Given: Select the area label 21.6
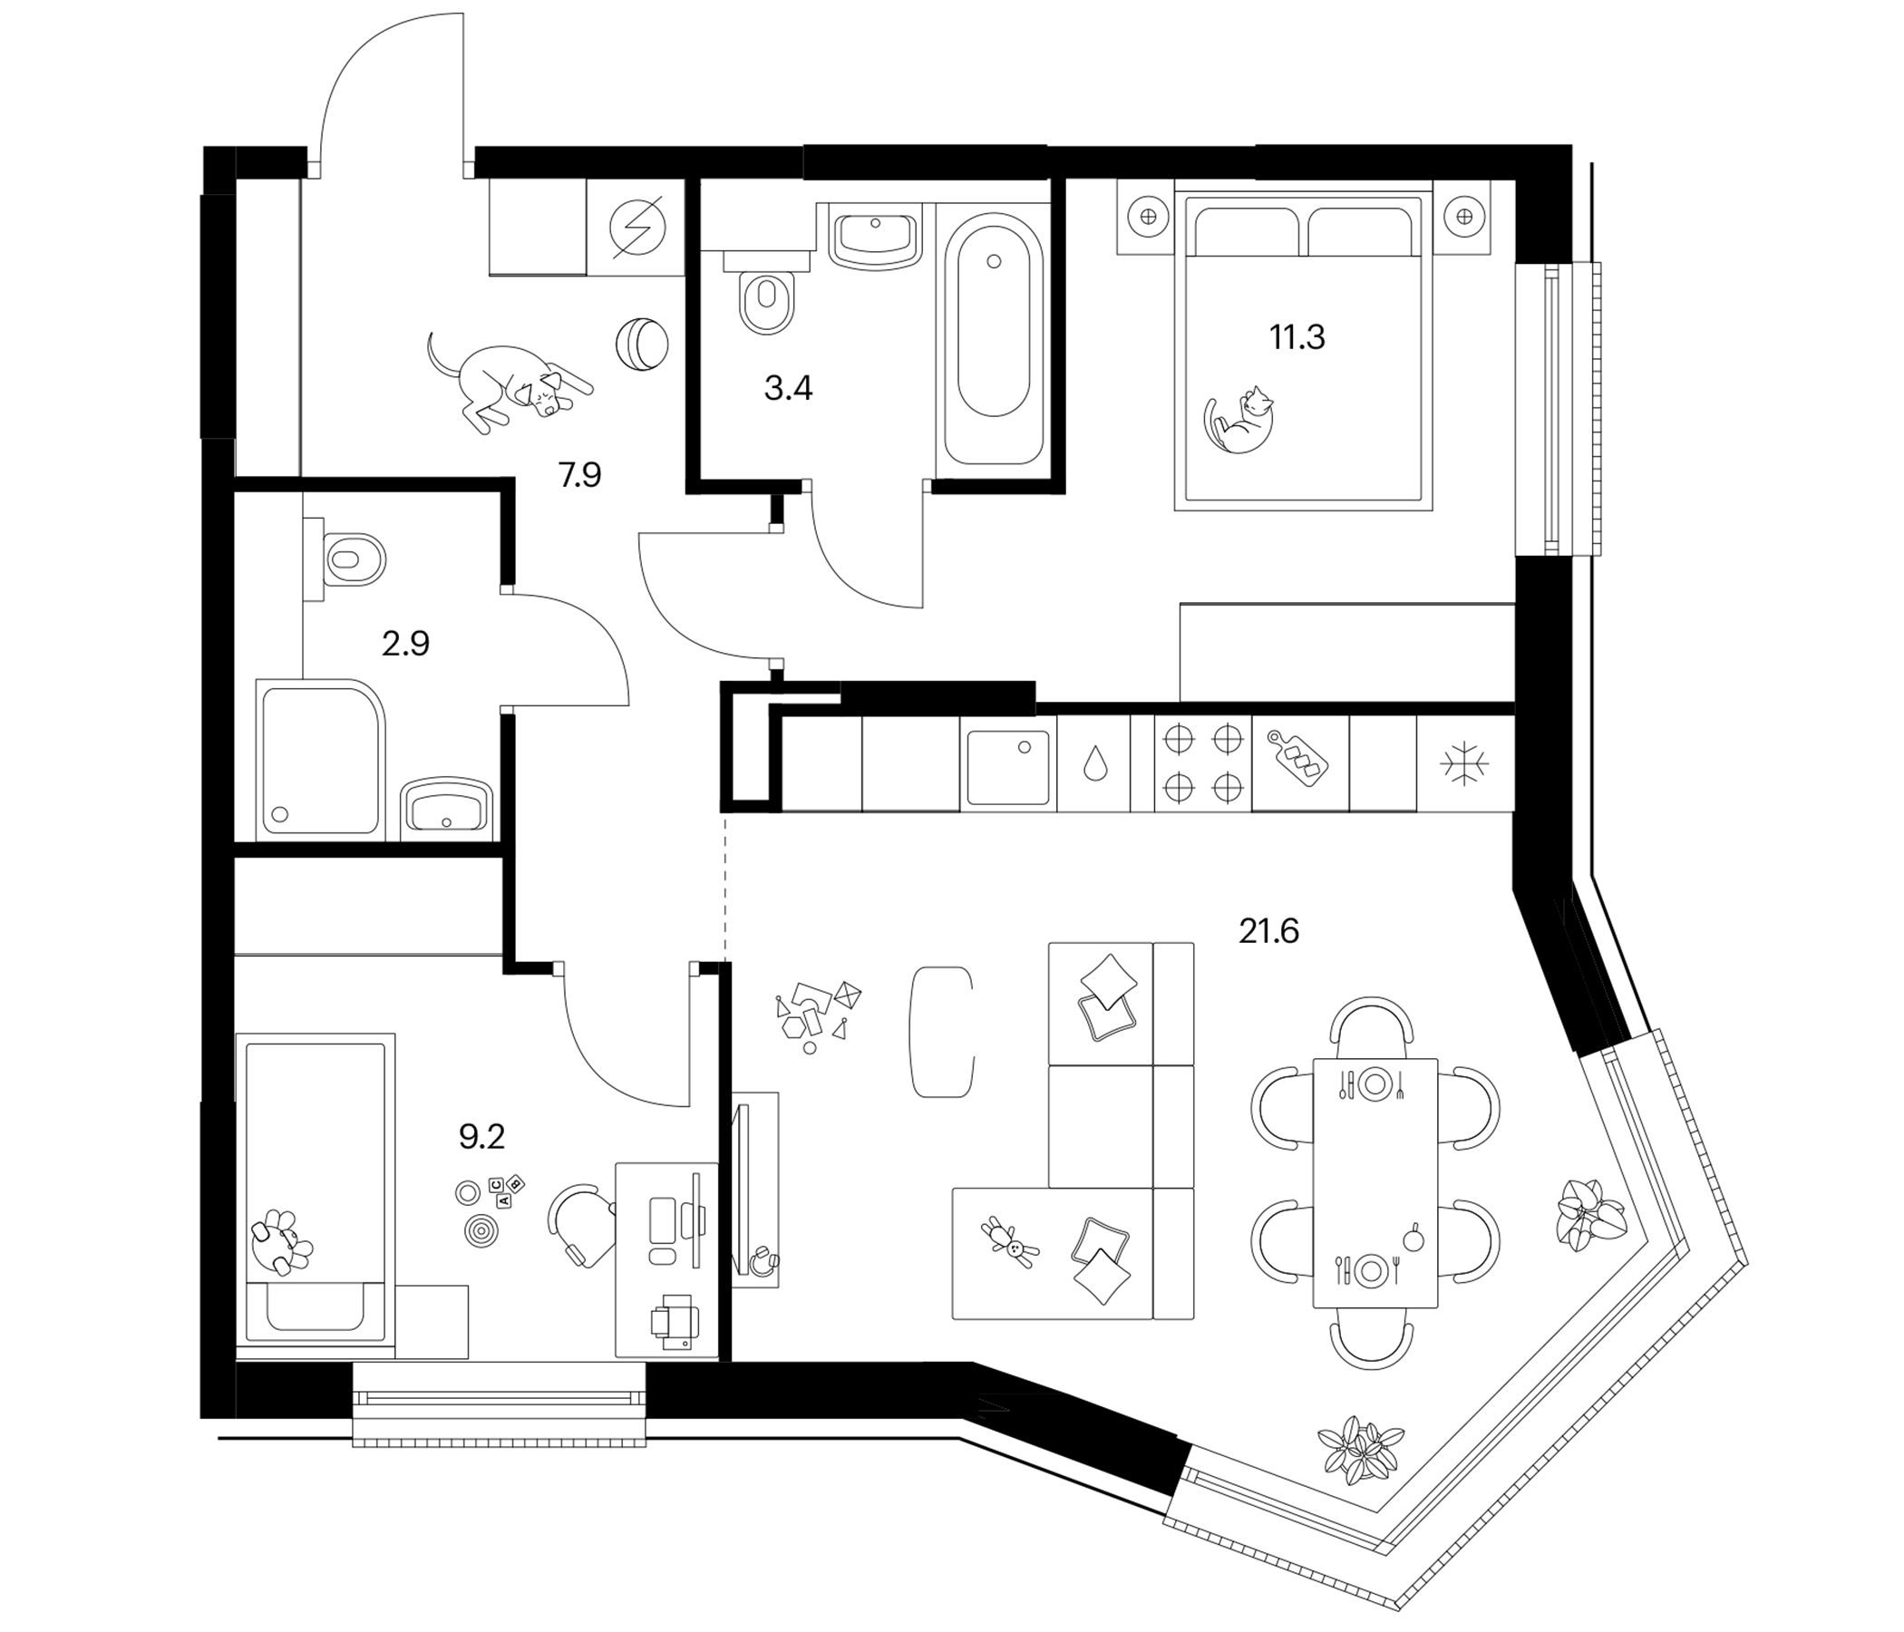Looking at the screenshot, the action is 1269,932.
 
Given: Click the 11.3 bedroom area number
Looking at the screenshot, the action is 1297,337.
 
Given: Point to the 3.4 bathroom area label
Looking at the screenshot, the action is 788,389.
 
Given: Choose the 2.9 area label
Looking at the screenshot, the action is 405,644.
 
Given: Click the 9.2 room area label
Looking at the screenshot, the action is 481,1138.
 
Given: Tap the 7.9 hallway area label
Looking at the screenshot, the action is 579,475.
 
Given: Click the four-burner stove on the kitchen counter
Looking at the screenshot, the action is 1203,763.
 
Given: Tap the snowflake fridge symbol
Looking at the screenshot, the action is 1465,763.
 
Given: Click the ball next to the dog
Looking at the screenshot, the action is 641,344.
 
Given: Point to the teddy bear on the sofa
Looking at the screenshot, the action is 1009,1240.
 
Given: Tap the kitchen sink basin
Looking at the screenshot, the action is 1008,767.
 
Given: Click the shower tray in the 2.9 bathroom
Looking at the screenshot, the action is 321,759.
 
